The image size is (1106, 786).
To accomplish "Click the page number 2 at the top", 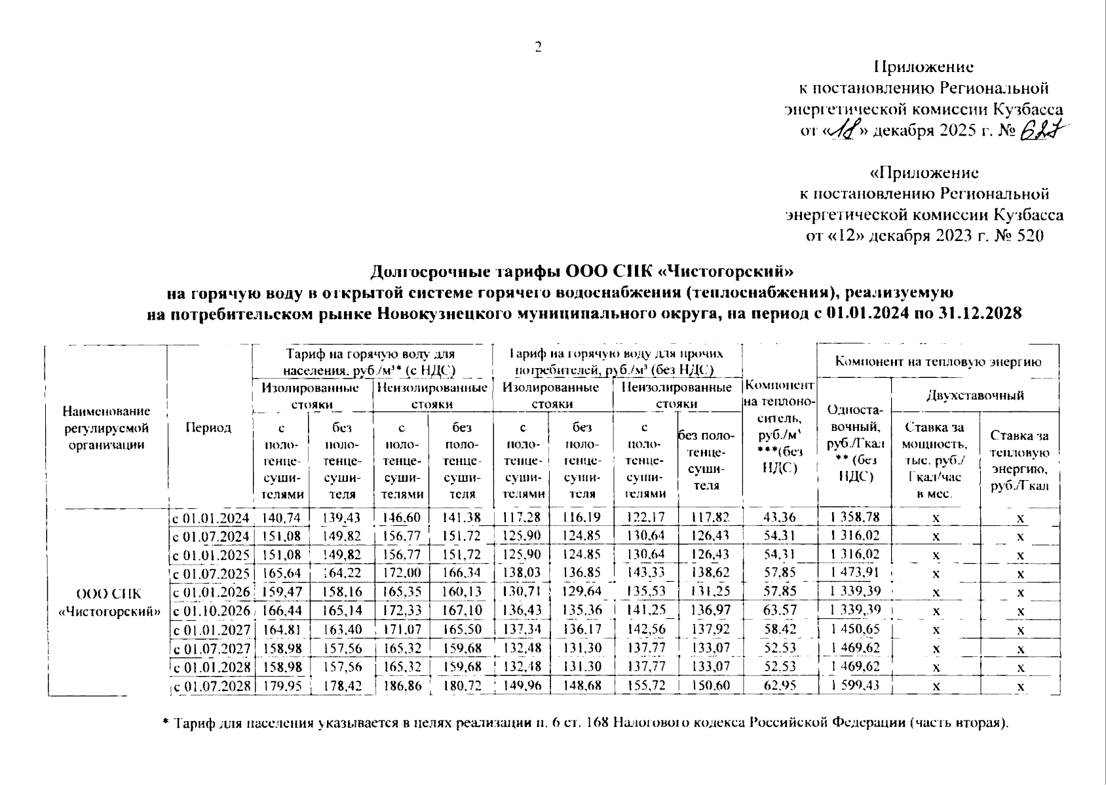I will pos(539,47).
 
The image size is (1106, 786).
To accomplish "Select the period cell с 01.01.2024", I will pos(210,518).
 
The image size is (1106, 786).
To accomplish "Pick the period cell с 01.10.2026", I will pos(210,611).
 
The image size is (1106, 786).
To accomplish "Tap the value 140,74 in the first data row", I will pos(280,517).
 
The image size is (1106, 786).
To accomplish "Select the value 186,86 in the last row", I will pos(401,686).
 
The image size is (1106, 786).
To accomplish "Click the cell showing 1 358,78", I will pos(854,517).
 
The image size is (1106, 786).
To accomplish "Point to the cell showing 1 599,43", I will pos(854,686).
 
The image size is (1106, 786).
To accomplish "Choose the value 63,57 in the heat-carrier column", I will pos(780,611).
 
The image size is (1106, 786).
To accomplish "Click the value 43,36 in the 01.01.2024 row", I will pos(780,517).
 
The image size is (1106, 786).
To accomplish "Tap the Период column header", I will pos(208,428).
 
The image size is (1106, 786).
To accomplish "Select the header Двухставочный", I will pos(976,395).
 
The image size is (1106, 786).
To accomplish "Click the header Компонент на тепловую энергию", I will pos(938,361).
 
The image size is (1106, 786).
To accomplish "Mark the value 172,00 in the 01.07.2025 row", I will pos(401,574).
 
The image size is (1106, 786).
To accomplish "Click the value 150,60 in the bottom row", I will pos(710,686).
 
